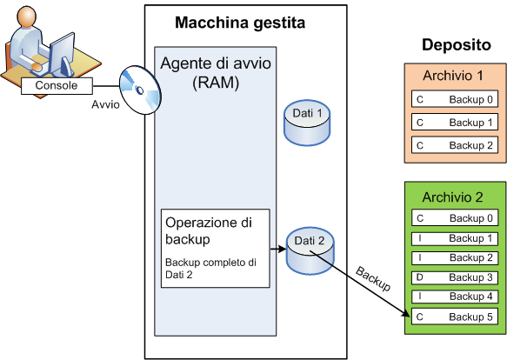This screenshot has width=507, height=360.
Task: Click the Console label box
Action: coord(57,86)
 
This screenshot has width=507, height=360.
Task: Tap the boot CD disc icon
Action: coord(140,90)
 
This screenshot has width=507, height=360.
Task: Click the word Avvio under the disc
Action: coord(105,104)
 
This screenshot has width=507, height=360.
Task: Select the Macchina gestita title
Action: coord(240,23)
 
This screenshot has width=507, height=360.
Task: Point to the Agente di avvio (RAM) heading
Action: coord(216,73)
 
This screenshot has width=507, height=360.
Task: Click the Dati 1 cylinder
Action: coord(307,123)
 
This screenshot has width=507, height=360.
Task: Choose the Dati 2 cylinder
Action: coord(310,250)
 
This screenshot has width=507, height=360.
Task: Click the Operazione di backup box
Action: coord(216,248)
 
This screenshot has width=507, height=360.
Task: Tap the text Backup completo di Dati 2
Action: coord(210,268)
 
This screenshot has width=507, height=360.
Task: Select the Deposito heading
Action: coord(457,44)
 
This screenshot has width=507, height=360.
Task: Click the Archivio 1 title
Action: coord(453,76)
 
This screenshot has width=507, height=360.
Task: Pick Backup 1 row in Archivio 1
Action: coord(455,122)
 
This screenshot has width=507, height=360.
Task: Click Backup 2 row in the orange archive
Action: coord(455,145)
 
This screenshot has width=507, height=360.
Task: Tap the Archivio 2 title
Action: coord(452,197)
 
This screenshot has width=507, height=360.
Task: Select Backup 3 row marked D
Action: coord(455,277)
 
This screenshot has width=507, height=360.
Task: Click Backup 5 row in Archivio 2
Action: coord(455,317)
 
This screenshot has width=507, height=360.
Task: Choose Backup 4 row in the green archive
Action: coord(455,297)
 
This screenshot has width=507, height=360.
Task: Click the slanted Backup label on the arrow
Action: coord(373,279)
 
